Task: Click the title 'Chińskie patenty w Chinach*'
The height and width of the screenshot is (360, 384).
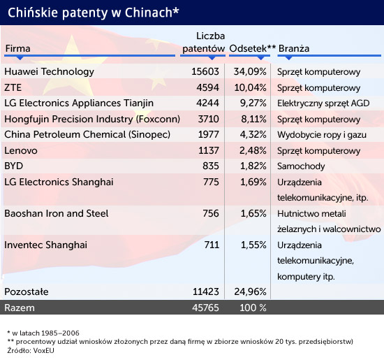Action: (94, 13)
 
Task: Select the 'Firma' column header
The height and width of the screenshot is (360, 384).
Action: (18, 48)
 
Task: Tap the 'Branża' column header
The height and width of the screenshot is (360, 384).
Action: (294, 48)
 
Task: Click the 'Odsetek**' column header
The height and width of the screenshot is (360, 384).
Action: (253, 48)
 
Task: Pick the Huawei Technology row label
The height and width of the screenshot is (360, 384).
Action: (49, 71)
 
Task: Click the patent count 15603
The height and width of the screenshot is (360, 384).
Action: (205, 71)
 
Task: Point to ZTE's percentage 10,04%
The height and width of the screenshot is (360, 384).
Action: (250, 87)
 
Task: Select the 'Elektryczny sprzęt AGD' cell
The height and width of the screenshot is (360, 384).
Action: (323, 103)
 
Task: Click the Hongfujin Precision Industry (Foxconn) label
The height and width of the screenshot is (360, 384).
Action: (92, 119)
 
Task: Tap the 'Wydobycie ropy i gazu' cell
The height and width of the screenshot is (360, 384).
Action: (322, 135)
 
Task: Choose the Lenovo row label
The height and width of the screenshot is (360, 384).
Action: (21, 150)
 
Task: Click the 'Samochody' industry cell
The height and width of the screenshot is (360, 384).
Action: (301, 166)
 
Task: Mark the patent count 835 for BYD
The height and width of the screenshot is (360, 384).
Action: (211, 166)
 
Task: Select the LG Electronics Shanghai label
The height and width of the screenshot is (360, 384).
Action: (59, 182)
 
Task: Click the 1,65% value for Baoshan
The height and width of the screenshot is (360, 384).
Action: (253, 213)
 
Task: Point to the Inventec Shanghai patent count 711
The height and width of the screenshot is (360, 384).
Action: (212, 245)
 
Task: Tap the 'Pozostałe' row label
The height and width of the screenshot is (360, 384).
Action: (27, 291)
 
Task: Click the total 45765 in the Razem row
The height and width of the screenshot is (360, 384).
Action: (205, 308)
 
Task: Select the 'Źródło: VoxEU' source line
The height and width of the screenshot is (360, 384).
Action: (31, 350)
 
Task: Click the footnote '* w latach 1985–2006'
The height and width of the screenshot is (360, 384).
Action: (43, 333)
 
